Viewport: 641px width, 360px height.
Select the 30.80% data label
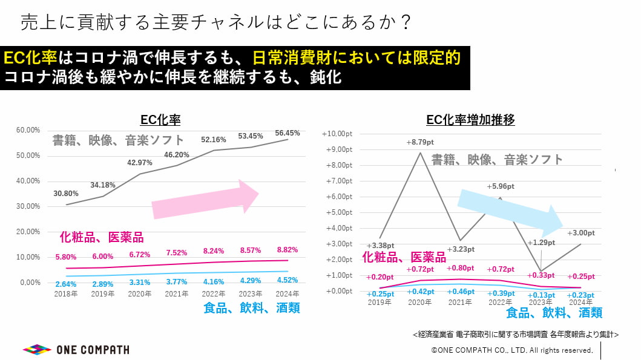point(66,194)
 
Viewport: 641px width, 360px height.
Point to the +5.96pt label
point(501,186)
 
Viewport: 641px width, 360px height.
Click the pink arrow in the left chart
point(206,200)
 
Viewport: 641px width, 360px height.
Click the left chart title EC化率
point(160,120)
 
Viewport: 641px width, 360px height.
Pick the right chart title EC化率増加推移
point(470,120)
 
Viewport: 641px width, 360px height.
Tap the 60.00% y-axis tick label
point(28,130)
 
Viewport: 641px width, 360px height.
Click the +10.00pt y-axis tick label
point(338,134)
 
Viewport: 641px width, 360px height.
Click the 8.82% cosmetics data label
point(288,249)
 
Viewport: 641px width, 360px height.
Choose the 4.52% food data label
point(288,281)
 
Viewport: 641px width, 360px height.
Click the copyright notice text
point(511,350)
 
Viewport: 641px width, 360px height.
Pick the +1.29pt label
point(541,243)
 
